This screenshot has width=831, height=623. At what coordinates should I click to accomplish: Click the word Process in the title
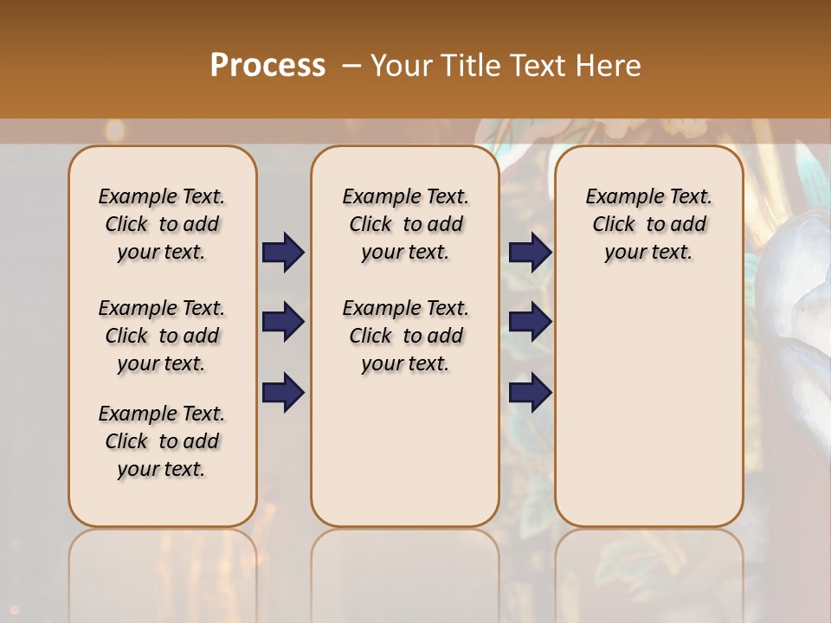tap(267, 66)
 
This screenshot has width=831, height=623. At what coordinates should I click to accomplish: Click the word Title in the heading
tap(468, 66)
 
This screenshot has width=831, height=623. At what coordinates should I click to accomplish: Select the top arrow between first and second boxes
tap(283, 252)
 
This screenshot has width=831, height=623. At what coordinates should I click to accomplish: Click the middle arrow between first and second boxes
tap(283, 322)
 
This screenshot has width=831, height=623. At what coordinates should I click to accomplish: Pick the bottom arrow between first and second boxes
tap(283, 393)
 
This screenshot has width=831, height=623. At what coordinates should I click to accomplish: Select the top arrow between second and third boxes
tap(530, 252)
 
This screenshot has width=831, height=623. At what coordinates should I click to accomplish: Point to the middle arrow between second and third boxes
tap(530, 322)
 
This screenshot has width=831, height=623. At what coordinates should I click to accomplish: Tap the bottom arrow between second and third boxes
tap(530, 393)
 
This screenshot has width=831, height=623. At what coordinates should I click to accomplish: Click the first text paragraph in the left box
tap(162, 224)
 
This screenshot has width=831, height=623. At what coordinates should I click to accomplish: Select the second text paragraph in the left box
tap(162, 336)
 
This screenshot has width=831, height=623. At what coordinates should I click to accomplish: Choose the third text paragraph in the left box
tap(162, 441)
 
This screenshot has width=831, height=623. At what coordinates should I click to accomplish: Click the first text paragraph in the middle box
tap(405, 224)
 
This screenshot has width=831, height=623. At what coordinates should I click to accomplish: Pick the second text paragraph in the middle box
tap(405, 336)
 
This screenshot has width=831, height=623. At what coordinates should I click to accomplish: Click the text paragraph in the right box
tap(648, 224)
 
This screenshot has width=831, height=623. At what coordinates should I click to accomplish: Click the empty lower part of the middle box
tap(405, 450)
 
